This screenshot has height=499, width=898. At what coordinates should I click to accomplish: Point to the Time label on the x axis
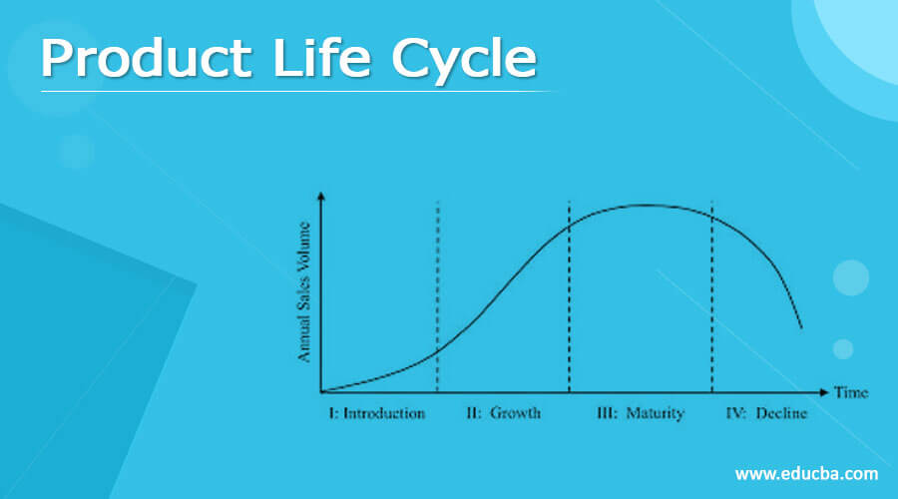click(850, 392)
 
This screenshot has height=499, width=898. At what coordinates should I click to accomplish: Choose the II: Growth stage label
click(503, 413)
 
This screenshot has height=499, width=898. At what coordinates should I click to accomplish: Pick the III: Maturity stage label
click(640, 413)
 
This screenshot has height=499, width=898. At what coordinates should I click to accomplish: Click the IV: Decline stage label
click(766, 413)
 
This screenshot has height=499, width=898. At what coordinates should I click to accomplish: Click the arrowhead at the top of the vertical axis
click(321, 196)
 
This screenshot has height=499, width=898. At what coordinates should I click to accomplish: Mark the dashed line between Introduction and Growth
click(438, 299)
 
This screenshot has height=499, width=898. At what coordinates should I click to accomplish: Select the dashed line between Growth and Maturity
click(569, 299)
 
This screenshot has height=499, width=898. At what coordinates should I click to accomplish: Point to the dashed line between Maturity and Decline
click(711, 299)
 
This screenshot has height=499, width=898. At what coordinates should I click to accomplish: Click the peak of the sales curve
click(647, 206)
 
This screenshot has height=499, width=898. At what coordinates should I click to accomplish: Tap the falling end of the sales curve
click(799, 325)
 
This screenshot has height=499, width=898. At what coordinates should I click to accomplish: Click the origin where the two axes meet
click(321, 392)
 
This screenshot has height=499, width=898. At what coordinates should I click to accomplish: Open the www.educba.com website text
click(806, 473)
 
